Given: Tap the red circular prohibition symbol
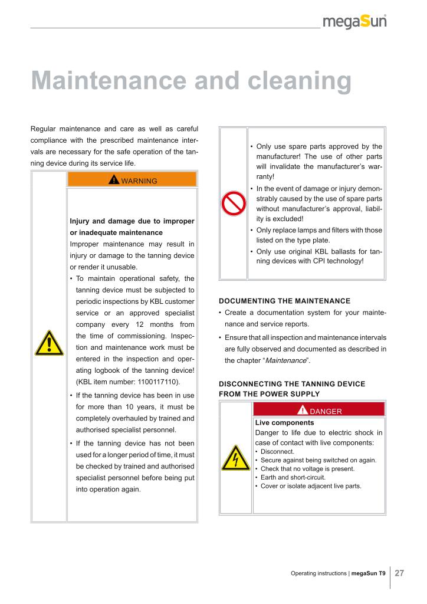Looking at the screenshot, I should (233, 203).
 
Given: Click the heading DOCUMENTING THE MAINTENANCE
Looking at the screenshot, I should (284, 301).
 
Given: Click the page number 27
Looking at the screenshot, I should (399, 573).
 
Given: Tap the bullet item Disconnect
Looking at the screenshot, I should (277, 451).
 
